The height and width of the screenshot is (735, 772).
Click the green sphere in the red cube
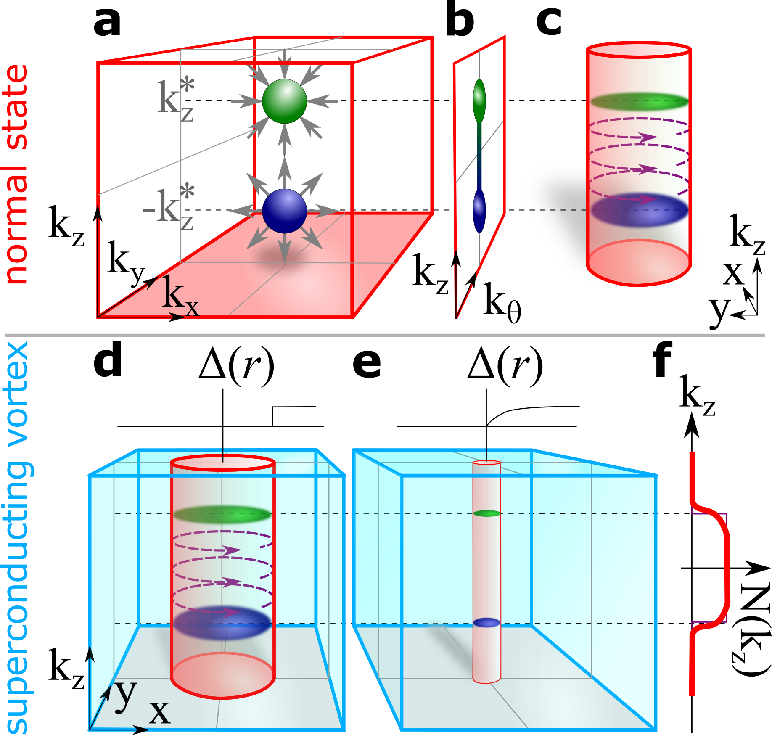285,101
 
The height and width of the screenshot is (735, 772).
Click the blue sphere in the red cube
285,211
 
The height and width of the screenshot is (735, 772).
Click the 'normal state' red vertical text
17,174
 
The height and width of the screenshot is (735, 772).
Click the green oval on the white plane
479,100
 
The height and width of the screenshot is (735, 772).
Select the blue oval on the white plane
479,211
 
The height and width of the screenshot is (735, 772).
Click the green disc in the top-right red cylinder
639,101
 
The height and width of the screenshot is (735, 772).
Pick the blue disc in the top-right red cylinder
639,209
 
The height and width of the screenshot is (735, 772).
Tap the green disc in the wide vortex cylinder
223,514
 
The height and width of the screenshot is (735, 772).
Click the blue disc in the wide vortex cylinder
223,623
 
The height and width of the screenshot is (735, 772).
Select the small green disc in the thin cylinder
487,513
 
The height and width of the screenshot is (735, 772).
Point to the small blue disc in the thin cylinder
487,623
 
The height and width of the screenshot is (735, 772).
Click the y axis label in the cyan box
126,694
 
